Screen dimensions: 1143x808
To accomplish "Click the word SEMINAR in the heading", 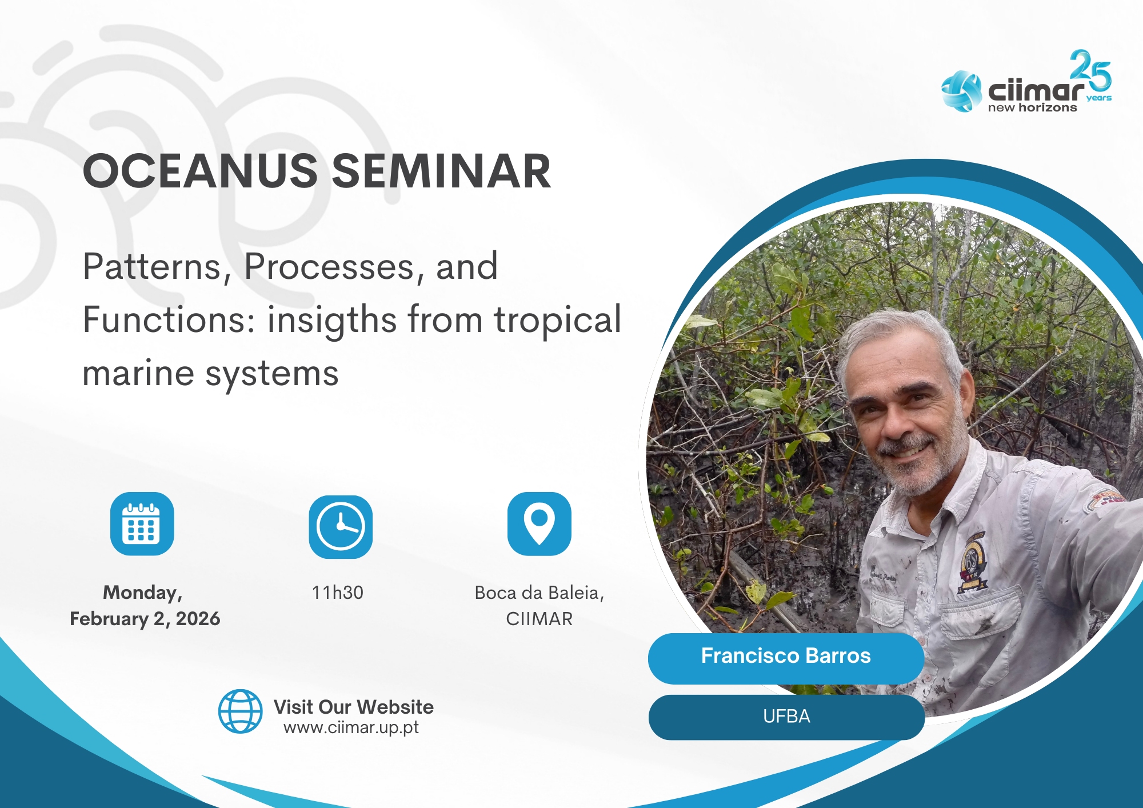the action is tap(441, 171).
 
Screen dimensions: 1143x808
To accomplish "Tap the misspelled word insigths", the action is tap(332, 321).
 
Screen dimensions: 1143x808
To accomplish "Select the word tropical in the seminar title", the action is tap(557, 321).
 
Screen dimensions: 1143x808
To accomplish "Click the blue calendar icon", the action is tap(142, 523).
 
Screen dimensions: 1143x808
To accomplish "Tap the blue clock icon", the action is tap(341, 526).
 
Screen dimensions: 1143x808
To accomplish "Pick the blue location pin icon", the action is tap(539, 523).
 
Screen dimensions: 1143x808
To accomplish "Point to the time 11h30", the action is tap(337, 593).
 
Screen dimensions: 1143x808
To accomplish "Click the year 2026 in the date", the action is tap(198, 619).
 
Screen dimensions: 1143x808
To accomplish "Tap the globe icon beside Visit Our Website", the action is tap(241, 711).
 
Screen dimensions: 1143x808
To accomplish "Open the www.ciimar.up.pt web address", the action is tap(351, 727).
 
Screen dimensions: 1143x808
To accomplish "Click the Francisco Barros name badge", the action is tap(786, 658).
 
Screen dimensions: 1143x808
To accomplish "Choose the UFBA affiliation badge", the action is tap(786, 717).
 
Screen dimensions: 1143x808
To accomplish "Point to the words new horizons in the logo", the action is tap(1032, 107).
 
